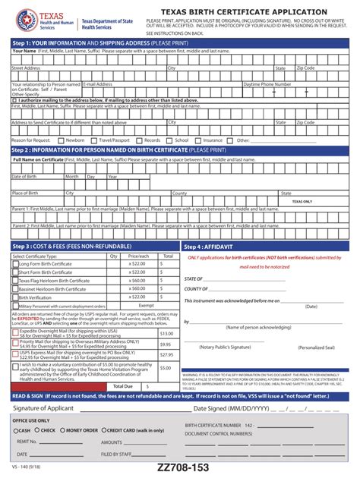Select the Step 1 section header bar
click(x=179, y=42)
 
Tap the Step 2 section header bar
click(x=179, y=150)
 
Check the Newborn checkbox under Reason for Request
click(x=62, y=140)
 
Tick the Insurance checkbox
click(x=199, y=140)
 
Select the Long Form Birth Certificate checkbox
click(x=15, y=265)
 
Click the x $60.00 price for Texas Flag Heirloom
click(x=137, y=281)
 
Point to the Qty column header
click(x=114, y=256)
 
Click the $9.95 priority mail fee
click(x=166, y=344)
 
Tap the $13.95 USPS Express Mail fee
click(x=166, y=354)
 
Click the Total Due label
click(x=123, y=386)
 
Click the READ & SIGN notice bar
click(x=179, y=396)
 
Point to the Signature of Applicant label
click(x=44, y=409)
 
